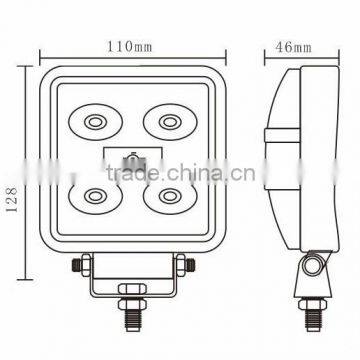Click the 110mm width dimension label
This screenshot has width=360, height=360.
tap(130, 46)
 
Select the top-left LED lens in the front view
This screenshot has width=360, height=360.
tap(95, 122)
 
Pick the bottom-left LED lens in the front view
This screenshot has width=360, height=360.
tap(95, 195)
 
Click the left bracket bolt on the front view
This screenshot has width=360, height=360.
tap(78, 267)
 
